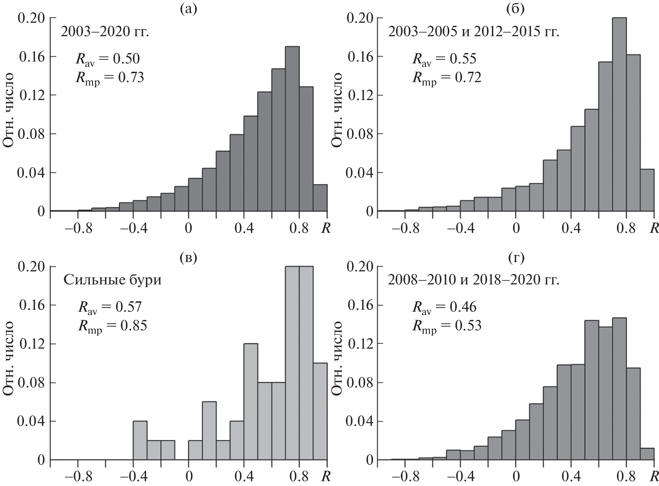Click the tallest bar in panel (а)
(x=292, y=129)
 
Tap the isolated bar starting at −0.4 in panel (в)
(x=140, y=440)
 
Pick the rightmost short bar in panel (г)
(x=647, y=454)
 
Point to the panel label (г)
(x=516, y=257)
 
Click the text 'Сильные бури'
(x=113, y=280)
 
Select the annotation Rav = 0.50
(x=107, y=59)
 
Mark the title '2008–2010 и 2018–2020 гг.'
(x=474, y=280)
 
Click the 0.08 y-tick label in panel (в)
(x=33, y=383)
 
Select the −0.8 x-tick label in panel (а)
(x=78, y=228)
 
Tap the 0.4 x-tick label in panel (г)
(x=571, y=477)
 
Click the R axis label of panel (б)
(x=654, y=228)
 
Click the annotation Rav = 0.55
(x=444, y=59)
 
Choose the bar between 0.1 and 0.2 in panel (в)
(x=209, y=431)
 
